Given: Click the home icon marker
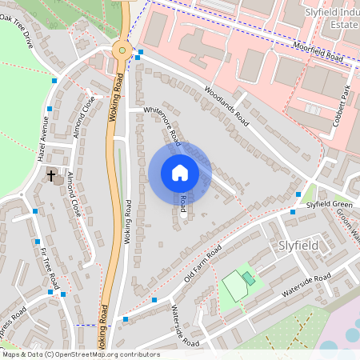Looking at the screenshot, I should point(180,172).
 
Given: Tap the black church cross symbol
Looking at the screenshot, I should point(52,174).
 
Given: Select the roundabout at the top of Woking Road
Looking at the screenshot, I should point(122,50).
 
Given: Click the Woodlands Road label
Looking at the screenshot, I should point(226,103).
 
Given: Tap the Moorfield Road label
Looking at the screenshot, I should point(317,54).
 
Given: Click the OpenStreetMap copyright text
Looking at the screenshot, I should point(80,354).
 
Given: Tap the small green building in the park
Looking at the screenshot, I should point(249,278).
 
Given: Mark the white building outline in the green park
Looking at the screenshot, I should point(234,286).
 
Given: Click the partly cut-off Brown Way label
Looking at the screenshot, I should point(346,218).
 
